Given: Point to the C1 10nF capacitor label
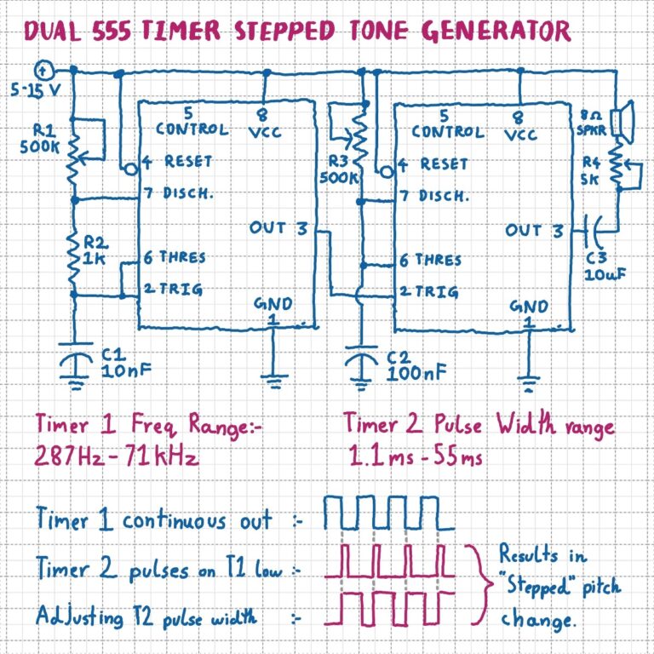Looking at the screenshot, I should click(119, 362).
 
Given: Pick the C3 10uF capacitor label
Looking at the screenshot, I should click(603, 267).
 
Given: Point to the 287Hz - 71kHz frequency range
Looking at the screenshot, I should click(117, 456).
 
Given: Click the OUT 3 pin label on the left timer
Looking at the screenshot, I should click(278, 227).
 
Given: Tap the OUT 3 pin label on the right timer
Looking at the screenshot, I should click(534, 230).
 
